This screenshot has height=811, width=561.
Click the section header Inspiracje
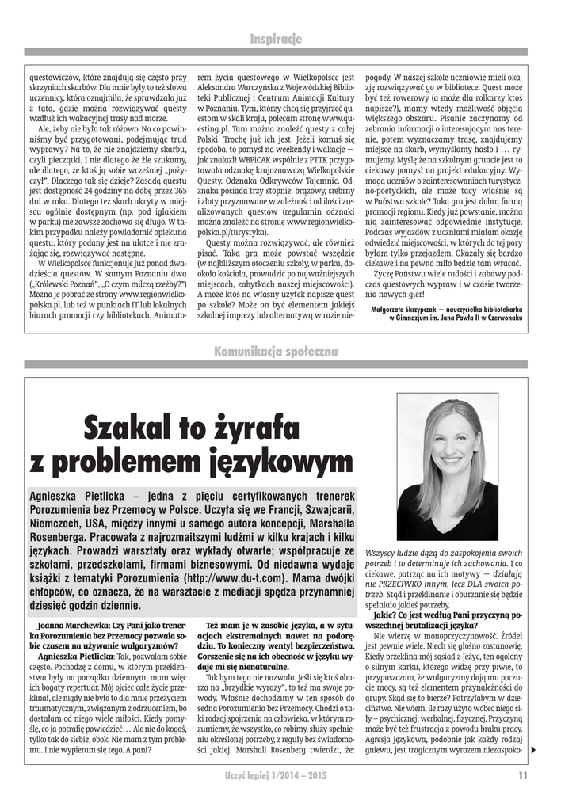coord(276,39)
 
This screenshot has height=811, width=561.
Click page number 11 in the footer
coord(523,775)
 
